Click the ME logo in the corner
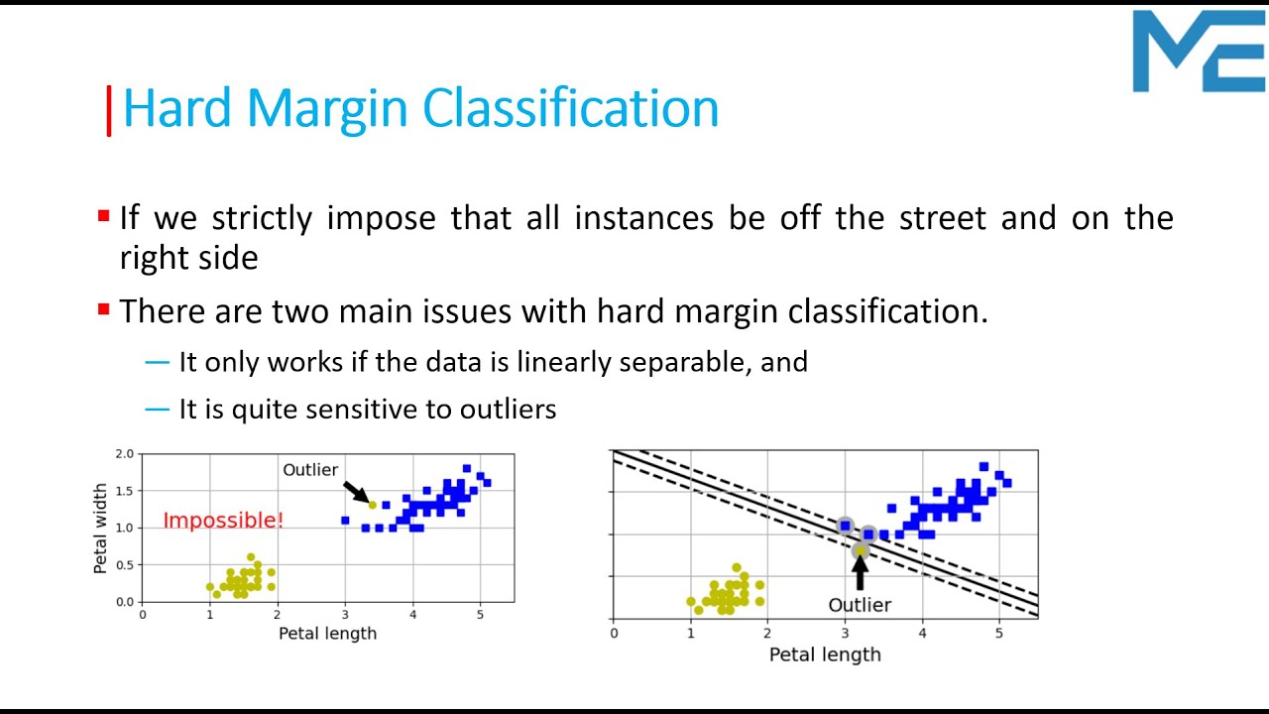pos(1199,52)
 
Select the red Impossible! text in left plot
pos(223,521)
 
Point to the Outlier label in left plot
pos(310,470)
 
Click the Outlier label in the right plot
pos(860,605)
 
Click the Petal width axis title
pos(100,528)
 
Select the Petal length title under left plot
pos(327,633)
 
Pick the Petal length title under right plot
pos(825,654)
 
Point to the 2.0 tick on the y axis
pos(124,454)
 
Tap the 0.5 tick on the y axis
pos(124,565)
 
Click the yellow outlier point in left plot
pos(373,505)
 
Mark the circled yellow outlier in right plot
pos(860,550)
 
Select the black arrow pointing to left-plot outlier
pos(354,491)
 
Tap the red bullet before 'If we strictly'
pos(103,215)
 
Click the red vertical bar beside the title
pos(109,111)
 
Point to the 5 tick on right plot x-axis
pos(998,633)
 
